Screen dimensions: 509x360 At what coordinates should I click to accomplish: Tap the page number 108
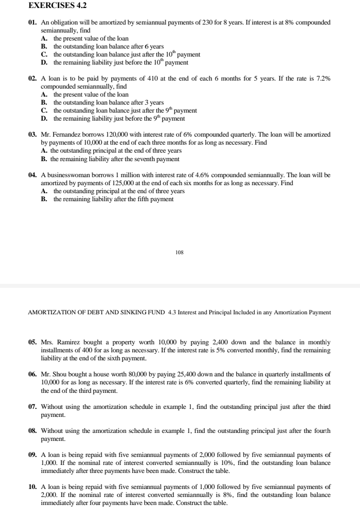click(x=179, y=253)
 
